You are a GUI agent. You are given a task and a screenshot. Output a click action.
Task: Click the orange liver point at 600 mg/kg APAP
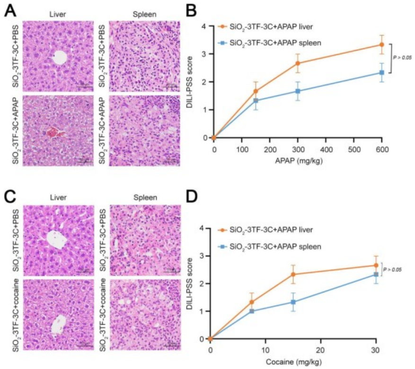click(381, 45)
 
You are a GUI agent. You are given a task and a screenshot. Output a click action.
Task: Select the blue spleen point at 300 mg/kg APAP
click(298, 91)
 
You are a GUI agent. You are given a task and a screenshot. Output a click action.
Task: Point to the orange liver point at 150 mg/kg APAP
click(256, 91)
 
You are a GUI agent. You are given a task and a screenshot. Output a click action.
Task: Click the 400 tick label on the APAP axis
click(326, 149)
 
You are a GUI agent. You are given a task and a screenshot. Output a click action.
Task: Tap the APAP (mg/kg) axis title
click(298, 161)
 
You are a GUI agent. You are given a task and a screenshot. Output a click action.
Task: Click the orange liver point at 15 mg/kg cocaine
click(293, 274)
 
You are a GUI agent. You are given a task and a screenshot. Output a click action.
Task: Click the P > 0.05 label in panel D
click(392, 270)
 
